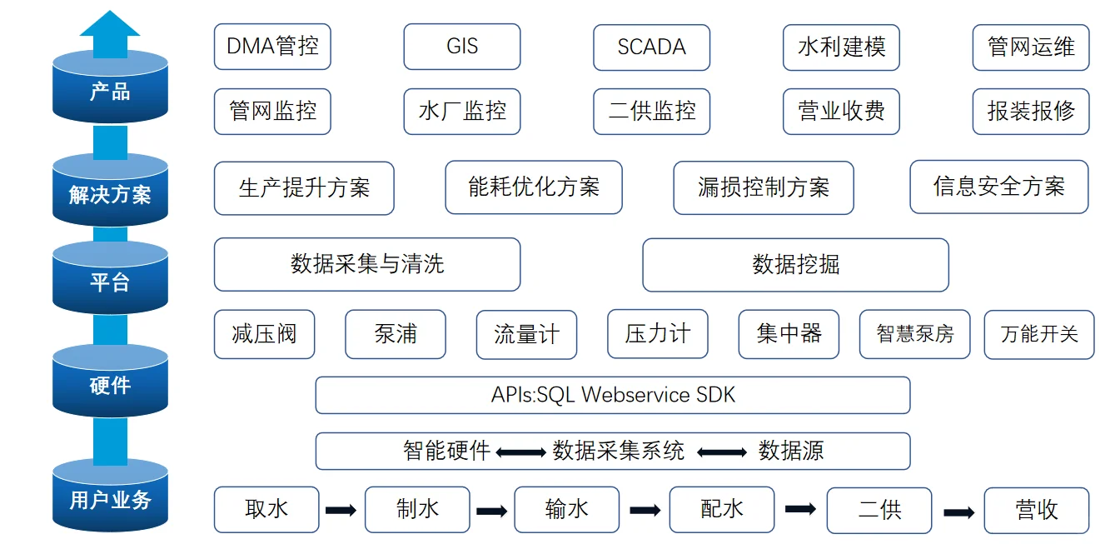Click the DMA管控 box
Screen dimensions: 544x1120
(x=272, y=47)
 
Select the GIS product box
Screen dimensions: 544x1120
(x=462, y=47)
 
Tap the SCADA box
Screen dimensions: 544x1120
(x=651, y=47)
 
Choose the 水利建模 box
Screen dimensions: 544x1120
(x=841, y=47)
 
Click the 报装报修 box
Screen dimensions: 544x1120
(x=1031, y=111)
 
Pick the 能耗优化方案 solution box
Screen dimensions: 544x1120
(x=534, y=187)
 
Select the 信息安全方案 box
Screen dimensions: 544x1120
(x=998, y=187)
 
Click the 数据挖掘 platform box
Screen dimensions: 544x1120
(x=795, y=265)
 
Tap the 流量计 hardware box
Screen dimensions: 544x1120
(x=526, y=335)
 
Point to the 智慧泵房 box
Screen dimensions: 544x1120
(x=915, y=334)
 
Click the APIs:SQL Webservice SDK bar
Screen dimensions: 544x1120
(x=612, y=395)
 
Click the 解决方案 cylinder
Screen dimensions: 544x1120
(x=110, y=192)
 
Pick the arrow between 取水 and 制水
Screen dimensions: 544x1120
(x=341, y=510)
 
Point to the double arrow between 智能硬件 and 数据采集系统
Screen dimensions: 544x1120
(x=521, y=452)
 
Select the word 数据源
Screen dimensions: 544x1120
(x=790, y=452)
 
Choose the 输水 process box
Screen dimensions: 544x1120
(x=566, y=509)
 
